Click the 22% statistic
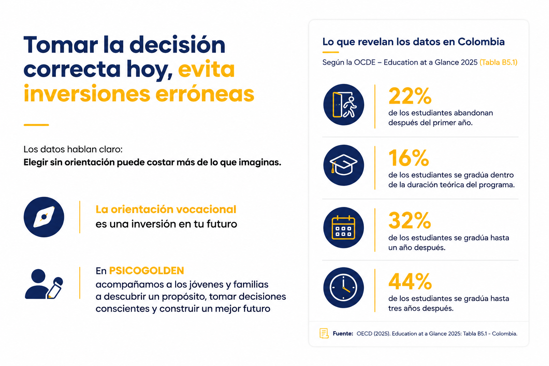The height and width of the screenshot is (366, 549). [410, 96]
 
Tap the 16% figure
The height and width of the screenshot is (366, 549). [409, 158]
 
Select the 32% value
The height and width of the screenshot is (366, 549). [410, 220]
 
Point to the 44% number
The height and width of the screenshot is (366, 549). [410, 281]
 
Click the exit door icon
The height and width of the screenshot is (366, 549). [343, 105]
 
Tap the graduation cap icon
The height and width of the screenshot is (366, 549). [343, 165]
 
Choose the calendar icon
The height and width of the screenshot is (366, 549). [343, 227]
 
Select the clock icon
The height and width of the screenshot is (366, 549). [343, 288]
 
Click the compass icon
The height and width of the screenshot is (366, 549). [44, 217]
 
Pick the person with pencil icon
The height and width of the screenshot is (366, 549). [44, 284]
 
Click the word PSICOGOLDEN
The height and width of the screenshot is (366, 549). [146, 271]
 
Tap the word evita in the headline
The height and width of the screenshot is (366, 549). [206, 69]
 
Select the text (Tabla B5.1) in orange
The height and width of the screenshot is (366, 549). [499, 62]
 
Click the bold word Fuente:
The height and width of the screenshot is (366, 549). [343, 333]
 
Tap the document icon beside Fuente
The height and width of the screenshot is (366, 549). [324, 333]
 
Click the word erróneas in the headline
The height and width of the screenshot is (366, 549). [205, 94]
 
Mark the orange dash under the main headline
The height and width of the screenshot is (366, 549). [36, 125]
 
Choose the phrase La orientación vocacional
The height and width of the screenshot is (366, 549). [166, 209]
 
